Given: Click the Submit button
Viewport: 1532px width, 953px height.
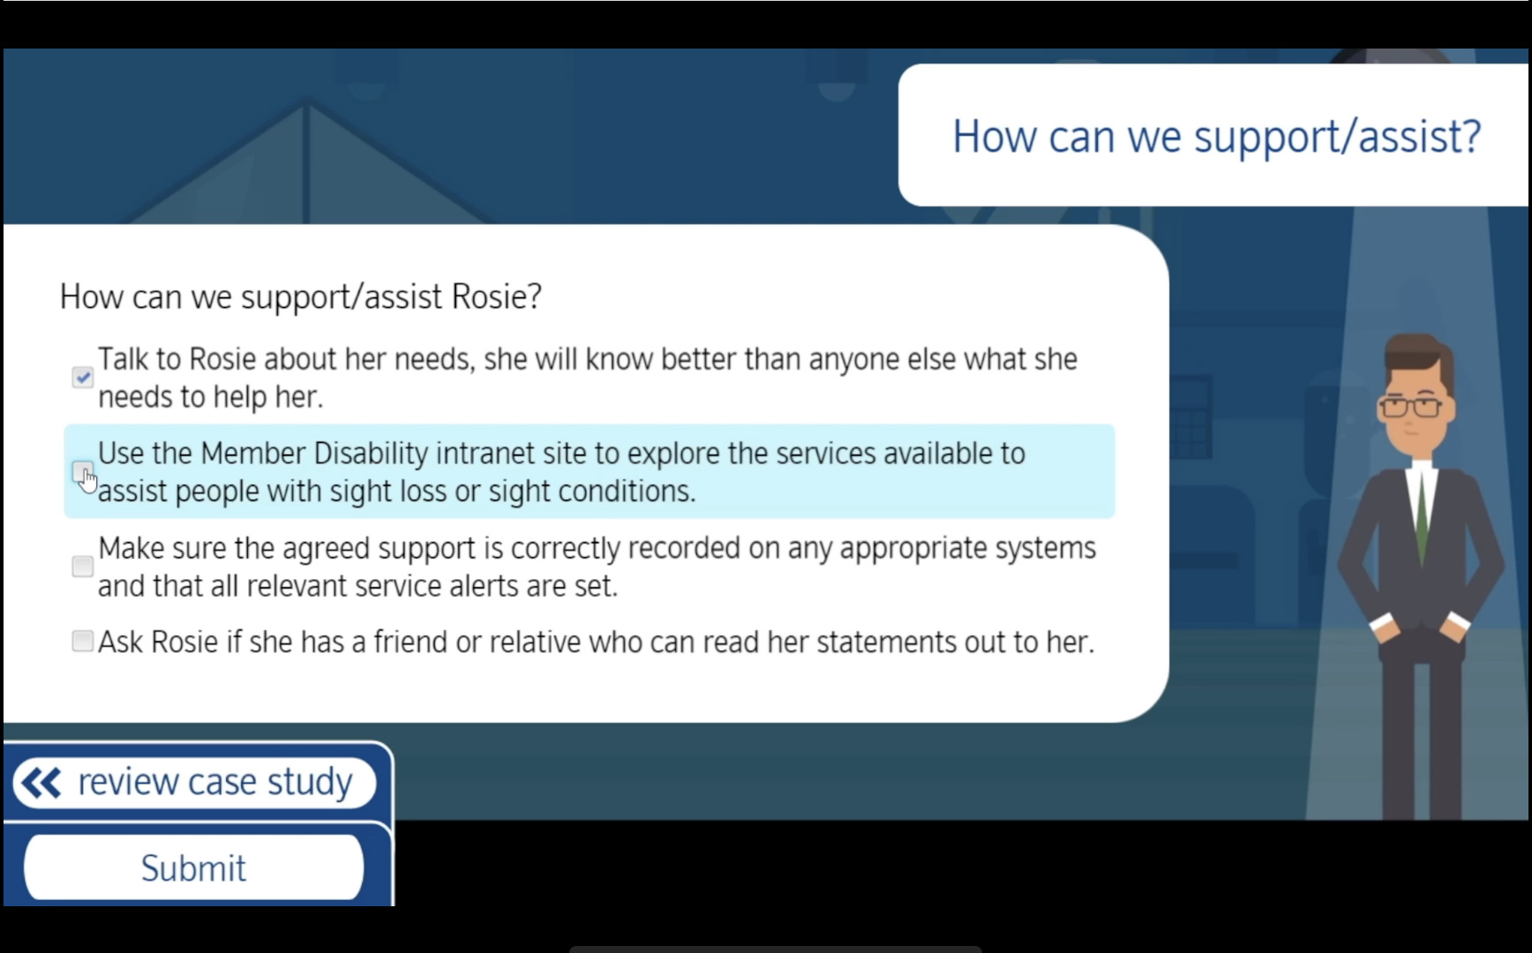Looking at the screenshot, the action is tap(193, 868).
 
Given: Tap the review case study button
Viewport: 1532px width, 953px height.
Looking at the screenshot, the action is tap(194, 782).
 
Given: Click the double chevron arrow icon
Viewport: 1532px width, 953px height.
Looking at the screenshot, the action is tap(41, 783).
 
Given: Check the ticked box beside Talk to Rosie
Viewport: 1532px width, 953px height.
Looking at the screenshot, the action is tap(82, 378).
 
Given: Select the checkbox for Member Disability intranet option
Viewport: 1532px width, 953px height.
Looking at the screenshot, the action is tap(82, 471).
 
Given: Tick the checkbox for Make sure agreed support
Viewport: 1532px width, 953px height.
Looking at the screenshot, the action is tap(82, 566).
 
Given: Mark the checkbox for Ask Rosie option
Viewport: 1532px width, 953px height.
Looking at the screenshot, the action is tap(82, 641).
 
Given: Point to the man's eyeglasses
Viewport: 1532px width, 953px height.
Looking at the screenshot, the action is tap(1411, 408).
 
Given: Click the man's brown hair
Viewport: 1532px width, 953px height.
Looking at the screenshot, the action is tap(1416, 357).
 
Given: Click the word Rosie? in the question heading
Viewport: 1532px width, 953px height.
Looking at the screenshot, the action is tap(496, 297).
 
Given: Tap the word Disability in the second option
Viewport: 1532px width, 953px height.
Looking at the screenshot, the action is tap(371, 454).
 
